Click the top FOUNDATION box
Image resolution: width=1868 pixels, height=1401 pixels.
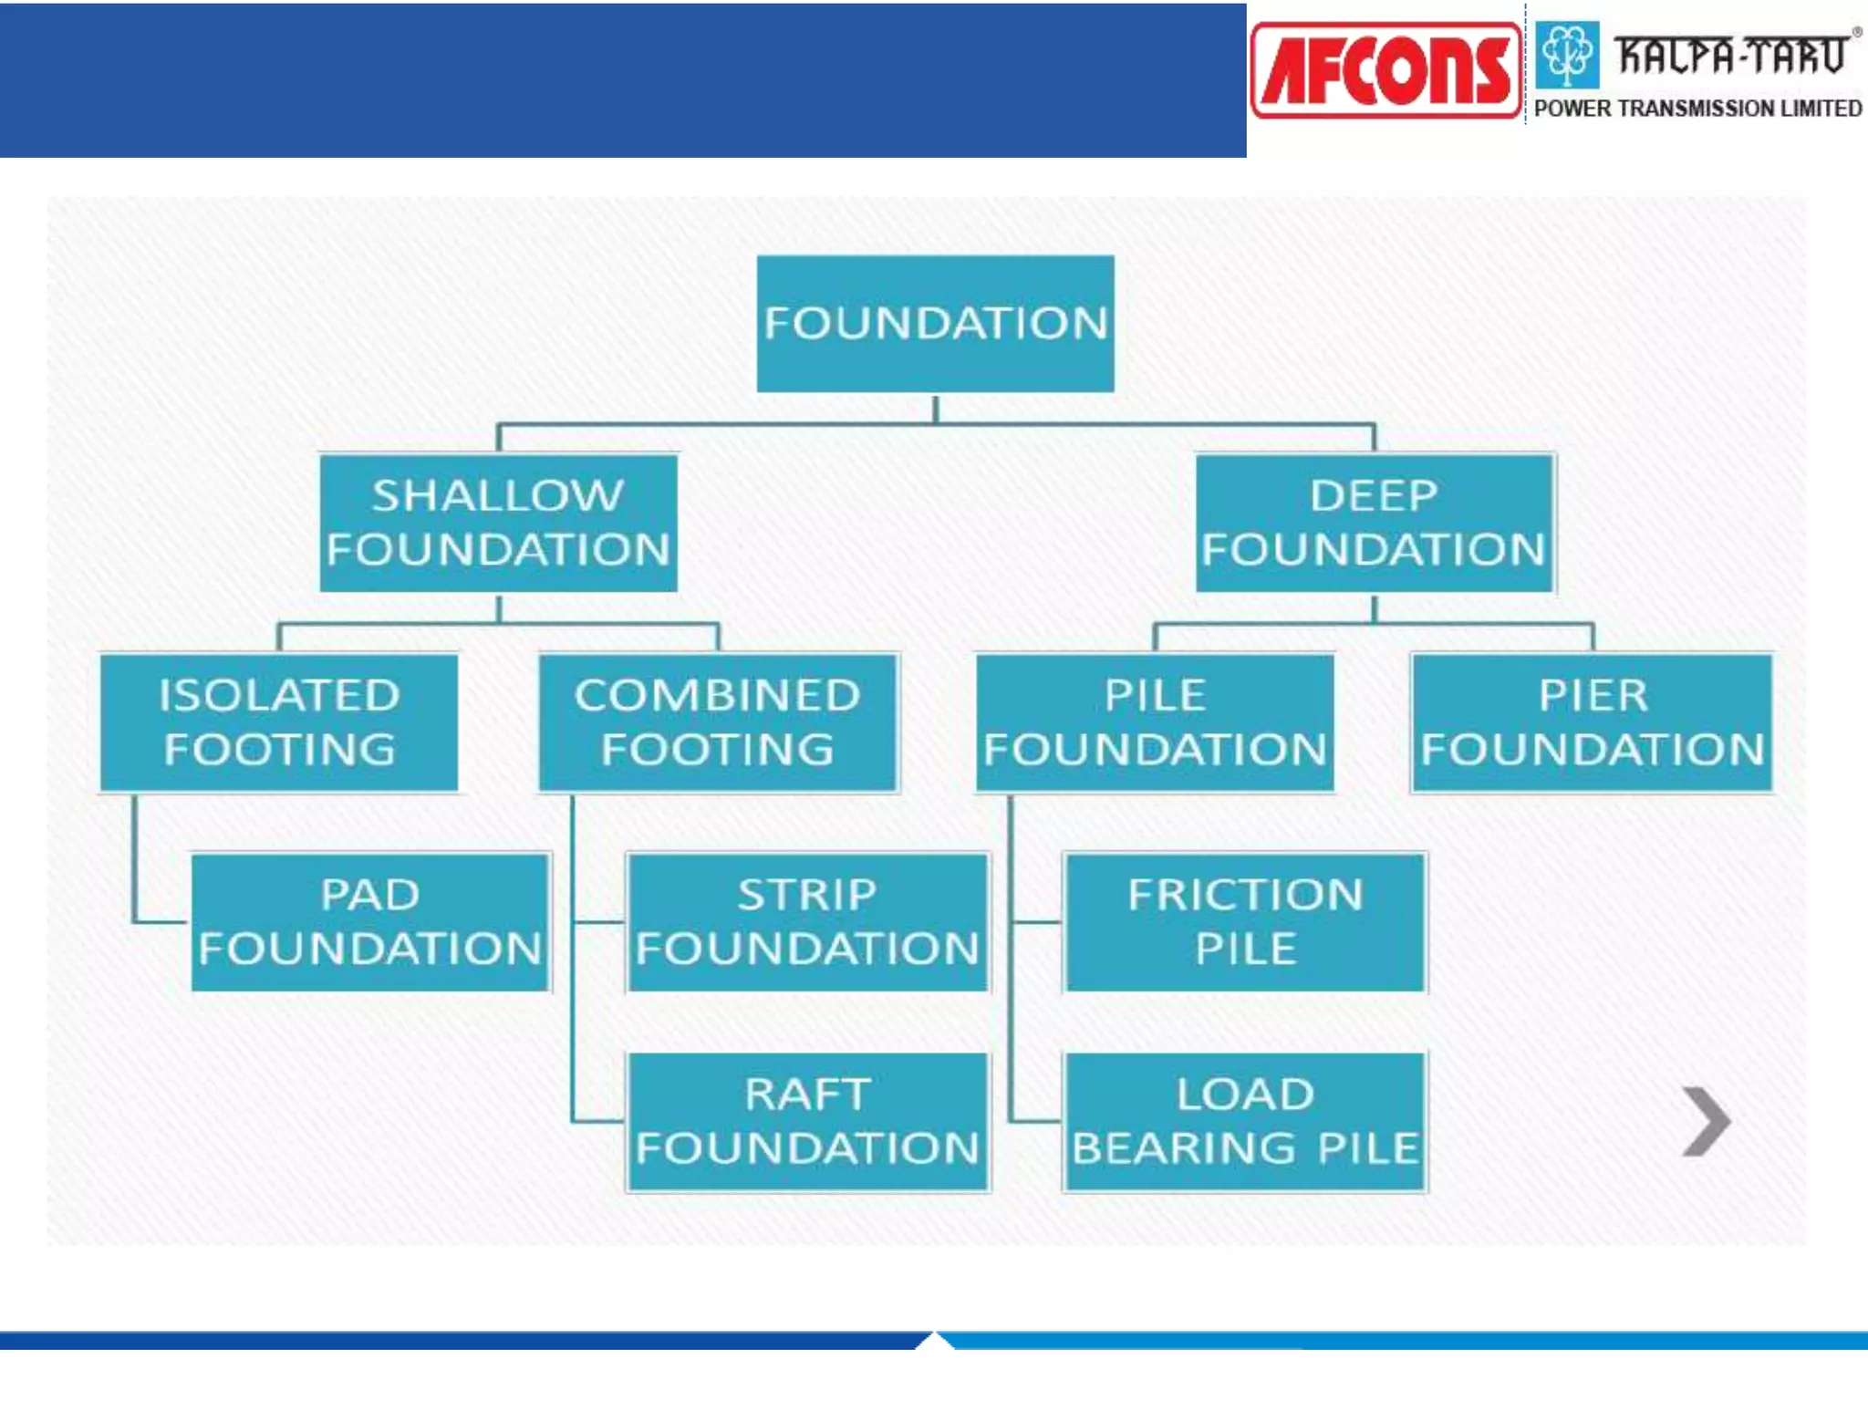[935, 324]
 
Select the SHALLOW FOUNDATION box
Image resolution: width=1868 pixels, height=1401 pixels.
[498, 523]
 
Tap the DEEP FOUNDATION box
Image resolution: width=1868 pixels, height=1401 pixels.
[1374, 523]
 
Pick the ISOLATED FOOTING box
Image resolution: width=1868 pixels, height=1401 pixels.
[279, 722]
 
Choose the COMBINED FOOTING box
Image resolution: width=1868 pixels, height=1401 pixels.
[718, 722]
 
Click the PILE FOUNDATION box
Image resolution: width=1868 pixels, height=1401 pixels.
[1155, 722]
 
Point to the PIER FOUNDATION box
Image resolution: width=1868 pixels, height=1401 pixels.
[1592, 722]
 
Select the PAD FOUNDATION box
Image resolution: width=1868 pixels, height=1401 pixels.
[370, 921]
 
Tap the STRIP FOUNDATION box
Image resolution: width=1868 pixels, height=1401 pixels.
[807, 921]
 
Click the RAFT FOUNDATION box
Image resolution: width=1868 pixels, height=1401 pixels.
[807, 1121]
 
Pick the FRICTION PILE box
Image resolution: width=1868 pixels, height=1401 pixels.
[1245, 921]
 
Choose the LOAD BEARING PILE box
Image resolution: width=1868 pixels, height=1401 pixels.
[1245, 1121]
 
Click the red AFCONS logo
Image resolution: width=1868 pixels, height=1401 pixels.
[1385, 71]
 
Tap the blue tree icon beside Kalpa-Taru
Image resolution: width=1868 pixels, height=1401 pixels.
[1567, 54]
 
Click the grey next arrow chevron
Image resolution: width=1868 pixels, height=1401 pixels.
[1707, 1121]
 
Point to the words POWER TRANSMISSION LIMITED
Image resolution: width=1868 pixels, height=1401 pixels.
[1697, 109]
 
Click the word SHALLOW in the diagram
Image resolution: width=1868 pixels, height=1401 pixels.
[498, 496]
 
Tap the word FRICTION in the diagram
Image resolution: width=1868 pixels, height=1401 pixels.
[1245, 895]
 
